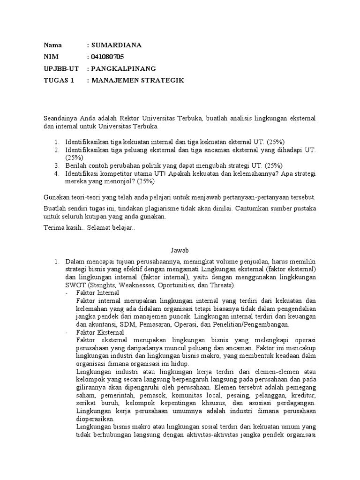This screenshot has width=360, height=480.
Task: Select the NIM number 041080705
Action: pos(107,57)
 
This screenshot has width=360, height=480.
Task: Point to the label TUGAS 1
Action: pos(59,81)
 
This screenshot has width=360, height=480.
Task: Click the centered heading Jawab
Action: pos(180,251)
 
